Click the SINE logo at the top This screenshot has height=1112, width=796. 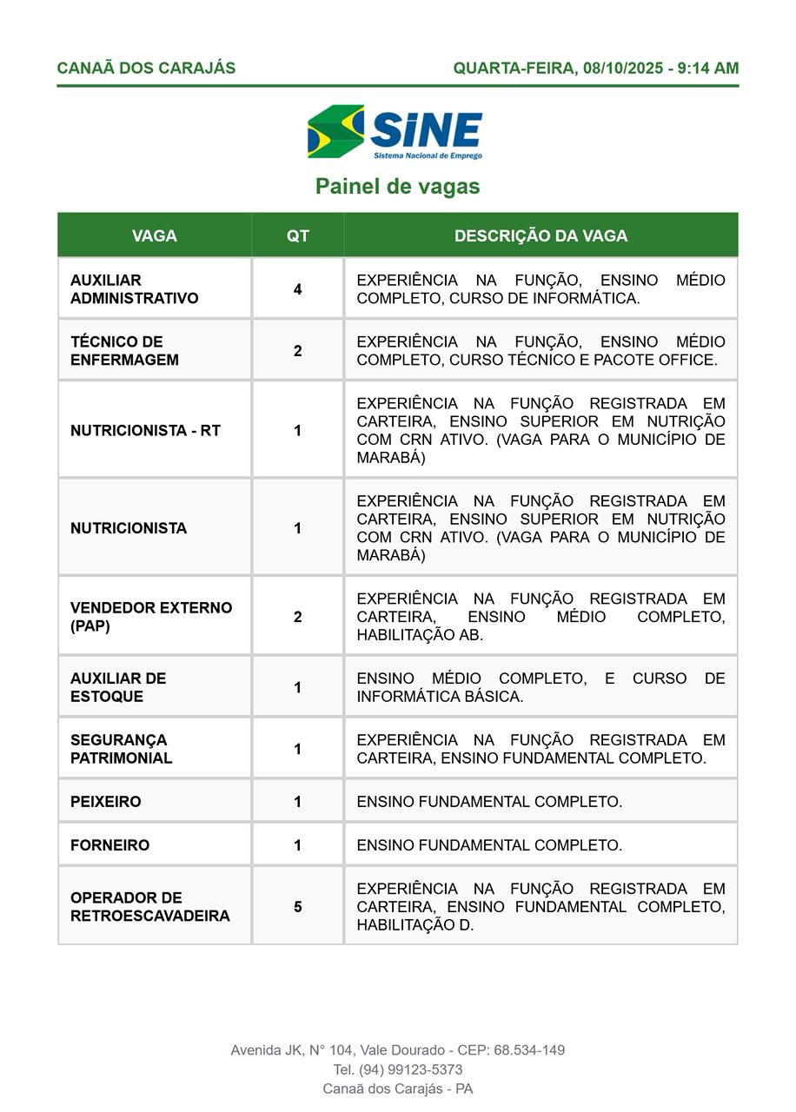[x=395, y=132]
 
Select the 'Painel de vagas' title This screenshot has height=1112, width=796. [x=397, y=187]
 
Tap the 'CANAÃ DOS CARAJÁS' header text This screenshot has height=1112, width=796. [x=146, y=68]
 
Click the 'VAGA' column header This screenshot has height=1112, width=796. [x=154, y=235]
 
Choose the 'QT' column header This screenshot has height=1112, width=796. [x=297, y=235]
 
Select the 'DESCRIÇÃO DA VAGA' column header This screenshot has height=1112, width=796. [x=541, y=235]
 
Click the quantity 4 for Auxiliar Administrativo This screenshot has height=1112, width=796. [x=297, y=289]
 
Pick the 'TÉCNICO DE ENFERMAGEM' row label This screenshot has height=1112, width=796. [x=124, y=351]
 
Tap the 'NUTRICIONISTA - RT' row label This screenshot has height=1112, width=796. [x=145, y=431]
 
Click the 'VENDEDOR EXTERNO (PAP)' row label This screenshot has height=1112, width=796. [x=150, y=617]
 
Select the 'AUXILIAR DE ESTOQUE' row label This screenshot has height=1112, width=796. [x=117, y=687]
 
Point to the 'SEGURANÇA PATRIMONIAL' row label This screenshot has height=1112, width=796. [x=121, y=749]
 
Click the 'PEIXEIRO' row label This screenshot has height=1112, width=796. [x=105, y=802]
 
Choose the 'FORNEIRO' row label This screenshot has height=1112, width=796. [x=109, y=845]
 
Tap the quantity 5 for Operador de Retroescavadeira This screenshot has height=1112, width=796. [x=297, y=907]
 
